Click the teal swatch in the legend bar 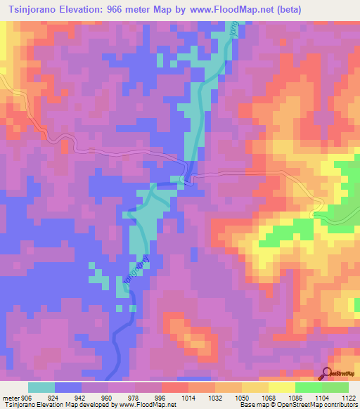(41, 387)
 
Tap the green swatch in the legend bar (309, 387)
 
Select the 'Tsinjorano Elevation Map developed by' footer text (59, 405)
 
